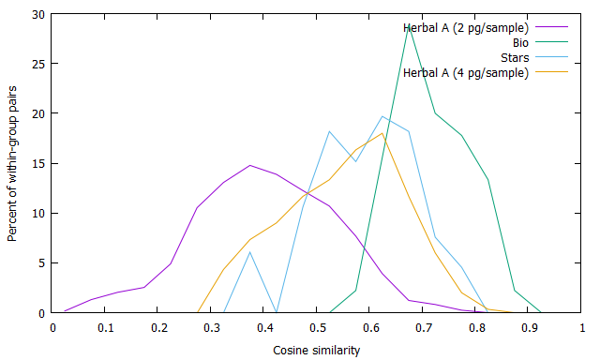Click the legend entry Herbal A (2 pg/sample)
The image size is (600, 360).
point(465,28)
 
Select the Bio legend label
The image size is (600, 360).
point(520,43)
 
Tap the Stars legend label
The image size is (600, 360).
point(515,58)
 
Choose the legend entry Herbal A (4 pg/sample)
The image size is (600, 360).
point(465,73)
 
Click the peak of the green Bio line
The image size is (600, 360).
point(409,24)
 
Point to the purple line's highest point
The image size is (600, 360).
point(250,165)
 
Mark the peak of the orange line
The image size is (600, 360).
point(382,133)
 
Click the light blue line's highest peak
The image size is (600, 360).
point(382,116)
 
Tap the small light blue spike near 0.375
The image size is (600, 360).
point(250,252)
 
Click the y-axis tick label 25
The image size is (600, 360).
point(38,64)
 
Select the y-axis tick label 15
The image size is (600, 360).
point(38,164)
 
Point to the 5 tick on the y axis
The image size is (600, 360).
point(42,263)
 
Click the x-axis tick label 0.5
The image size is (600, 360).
point(316,328)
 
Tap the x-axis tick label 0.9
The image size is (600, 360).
point(528,328)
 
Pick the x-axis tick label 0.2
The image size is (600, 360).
point(157,328)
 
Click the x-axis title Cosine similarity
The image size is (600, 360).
point(317,351)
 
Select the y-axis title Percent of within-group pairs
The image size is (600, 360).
point(12,164)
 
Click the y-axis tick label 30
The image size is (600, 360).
point(38,15)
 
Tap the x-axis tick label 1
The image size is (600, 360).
point(582,328)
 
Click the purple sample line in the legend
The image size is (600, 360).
point(551,27)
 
